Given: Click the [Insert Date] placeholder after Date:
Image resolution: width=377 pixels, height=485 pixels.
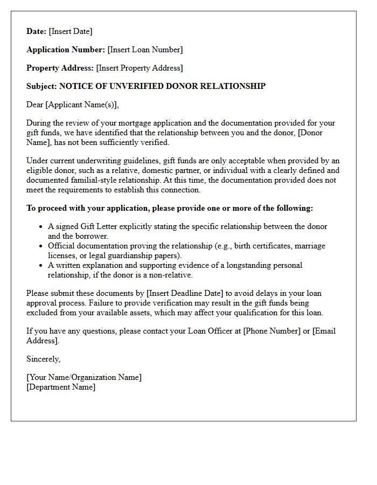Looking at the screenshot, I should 71,31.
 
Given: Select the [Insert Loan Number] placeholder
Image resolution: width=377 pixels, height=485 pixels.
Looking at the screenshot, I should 145,50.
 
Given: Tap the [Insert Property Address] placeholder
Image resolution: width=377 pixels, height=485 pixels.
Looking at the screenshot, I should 139,68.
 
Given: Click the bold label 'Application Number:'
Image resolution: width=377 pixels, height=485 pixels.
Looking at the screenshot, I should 66,50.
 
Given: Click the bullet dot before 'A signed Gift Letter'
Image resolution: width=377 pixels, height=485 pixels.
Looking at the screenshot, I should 40,227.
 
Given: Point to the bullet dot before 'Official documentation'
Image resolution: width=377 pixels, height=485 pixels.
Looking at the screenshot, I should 40,246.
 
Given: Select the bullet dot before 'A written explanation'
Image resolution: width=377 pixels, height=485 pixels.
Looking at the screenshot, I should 40,266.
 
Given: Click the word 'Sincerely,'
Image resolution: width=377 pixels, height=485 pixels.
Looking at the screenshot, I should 44,359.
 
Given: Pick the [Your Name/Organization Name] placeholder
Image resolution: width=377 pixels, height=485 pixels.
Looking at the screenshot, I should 84,377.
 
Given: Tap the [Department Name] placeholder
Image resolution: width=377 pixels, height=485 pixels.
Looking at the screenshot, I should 61,387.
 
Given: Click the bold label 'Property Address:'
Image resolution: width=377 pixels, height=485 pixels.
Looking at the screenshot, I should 60,68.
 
